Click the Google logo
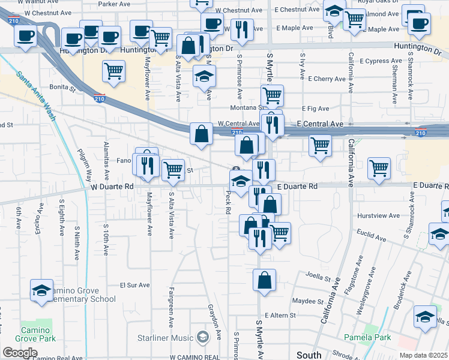click(x=20, y=353)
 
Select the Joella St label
click(x=319, y=278)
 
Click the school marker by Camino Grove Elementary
click(x=41, y=290)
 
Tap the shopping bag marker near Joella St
click(x=264, y=280)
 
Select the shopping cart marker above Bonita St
click(x=113, y=71)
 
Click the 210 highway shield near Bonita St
click(x=100, y=97)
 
